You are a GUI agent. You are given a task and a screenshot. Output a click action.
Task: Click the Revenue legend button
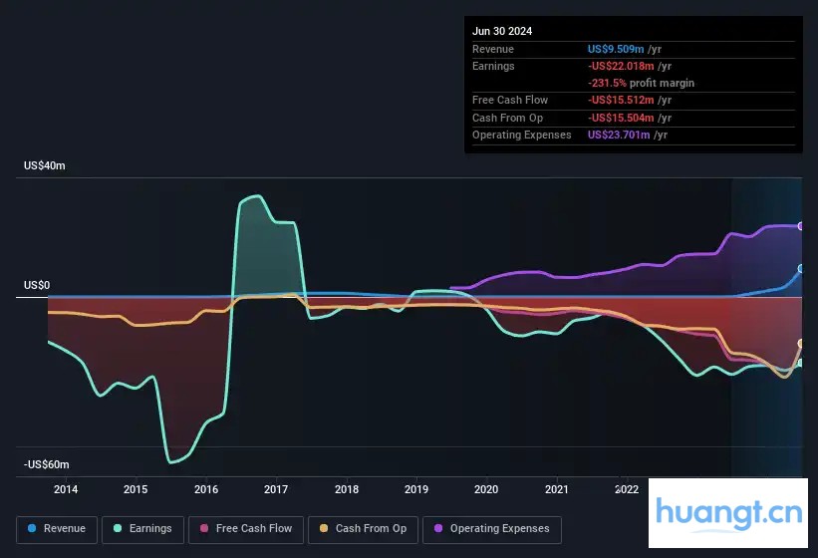[x=57, y=529]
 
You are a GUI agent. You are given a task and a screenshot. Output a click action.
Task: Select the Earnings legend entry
[x=142, y=529]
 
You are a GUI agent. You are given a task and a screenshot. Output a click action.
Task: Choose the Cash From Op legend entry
[x=363, y=529]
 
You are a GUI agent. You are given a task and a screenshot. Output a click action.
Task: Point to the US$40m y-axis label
[x=45, y=166]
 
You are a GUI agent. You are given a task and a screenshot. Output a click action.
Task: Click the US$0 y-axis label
[x=37, y=286]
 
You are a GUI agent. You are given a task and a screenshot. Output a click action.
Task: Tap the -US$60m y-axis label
[x=47, y=465]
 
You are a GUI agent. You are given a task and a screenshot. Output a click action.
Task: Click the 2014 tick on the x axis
[x=66, y=489]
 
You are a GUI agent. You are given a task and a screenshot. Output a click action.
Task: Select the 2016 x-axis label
[x=206, y=489]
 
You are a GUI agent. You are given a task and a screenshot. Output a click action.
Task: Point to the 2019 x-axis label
[x=416, y=489]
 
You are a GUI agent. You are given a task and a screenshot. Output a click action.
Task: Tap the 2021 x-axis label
[x=557, y=489]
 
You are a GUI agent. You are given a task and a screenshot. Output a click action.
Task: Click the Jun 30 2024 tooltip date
[x=502, y=31]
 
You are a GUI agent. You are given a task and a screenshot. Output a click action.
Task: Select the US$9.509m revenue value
[x=616, y=49]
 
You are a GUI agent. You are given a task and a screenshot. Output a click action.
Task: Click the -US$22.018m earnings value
[x=621, y=66]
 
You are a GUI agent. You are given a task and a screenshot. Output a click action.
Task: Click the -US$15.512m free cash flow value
[x=621, y=100]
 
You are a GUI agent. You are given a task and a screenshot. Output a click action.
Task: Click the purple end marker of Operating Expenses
[x=801, y=226]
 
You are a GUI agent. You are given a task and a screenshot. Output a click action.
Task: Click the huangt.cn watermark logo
[x=729, y=513]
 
